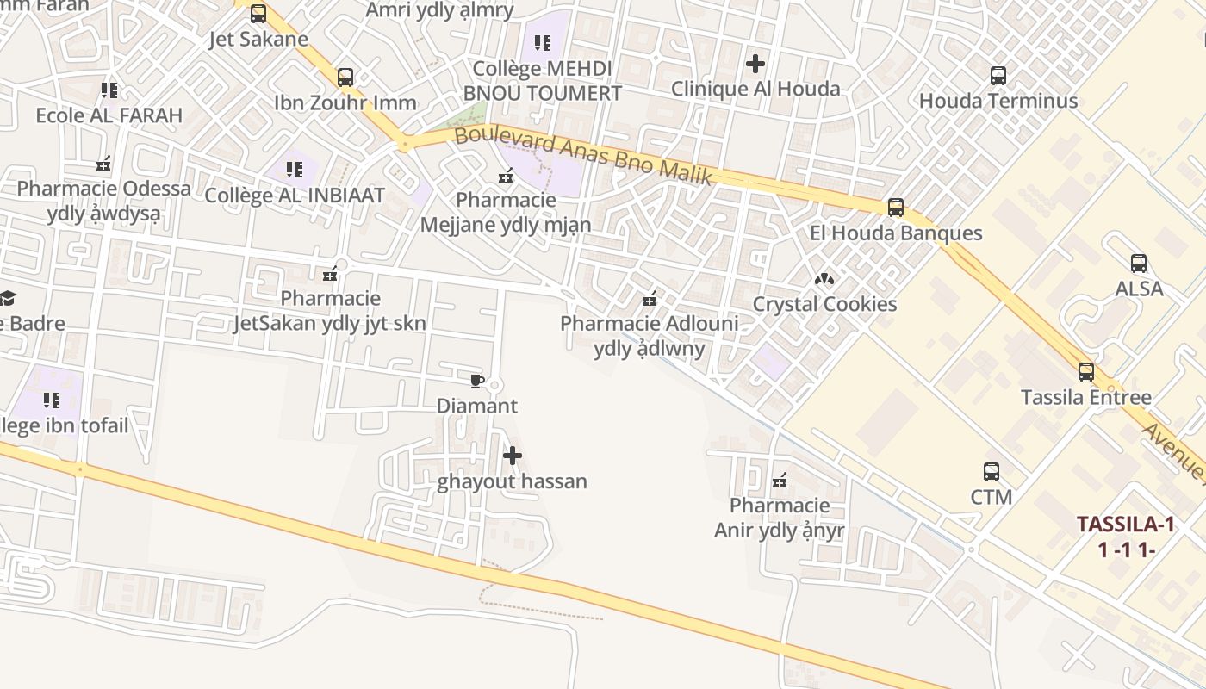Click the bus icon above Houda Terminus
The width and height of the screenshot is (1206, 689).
[998, 76]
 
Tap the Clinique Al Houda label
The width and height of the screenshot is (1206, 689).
[755, 89]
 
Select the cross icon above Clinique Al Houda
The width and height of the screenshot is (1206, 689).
[755, 64]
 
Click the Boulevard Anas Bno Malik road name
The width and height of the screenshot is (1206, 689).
[583, 156]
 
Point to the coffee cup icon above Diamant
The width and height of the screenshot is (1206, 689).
[476, 381]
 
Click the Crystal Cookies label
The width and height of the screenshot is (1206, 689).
[824, 304]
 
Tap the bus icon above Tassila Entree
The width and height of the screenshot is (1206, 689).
[1085, 372]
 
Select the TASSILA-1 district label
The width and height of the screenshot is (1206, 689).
[1125, 525]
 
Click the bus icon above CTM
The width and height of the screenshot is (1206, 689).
[991, 472]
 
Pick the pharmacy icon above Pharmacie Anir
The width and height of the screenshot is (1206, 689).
[780, 480]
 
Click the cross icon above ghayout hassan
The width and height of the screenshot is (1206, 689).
[512, 456]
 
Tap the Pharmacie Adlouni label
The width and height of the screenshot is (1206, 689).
[649, 324]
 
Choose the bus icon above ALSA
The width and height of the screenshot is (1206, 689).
[1139, 264]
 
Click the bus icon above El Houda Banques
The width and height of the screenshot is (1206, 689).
[895, 208]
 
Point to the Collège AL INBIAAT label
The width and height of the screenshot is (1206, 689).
[294, 195]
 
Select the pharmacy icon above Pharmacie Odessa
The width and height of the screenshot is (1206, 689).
[103, 164]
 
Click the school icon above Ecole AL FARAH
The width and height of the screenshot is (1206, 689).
[109, 90]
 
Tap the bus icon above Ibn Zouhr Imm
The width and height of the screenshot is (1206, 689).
[345, 78]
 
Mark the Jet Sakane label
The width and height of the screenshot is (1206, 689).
[258, 39]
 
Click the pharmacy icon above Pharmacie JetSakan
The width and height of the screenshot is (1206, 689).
[329, 275]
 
